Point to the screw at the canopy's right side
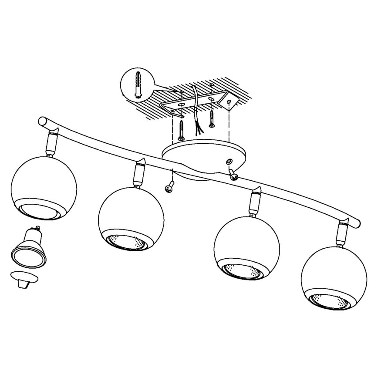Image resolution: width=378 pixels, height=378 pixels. click(x=233, y=175)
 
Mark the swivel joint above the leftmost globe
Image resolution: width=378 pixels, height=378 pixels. click(x=51, y=144)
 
